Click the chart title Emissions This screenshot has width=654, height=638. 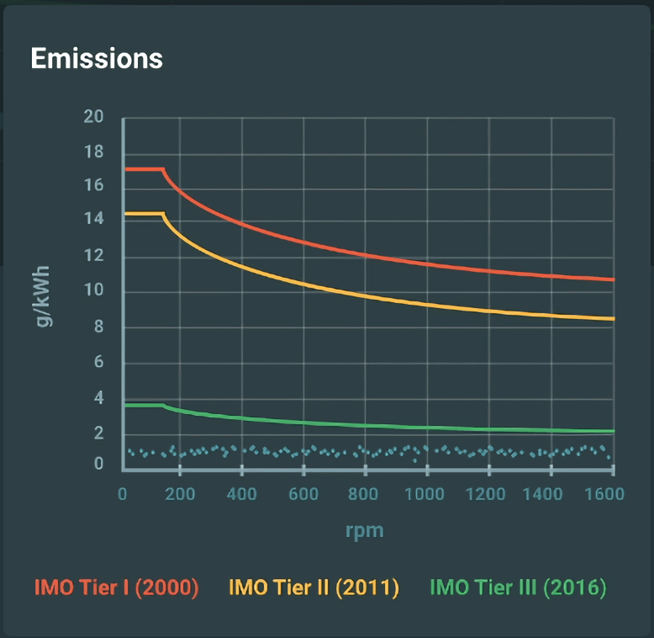click(97, 58)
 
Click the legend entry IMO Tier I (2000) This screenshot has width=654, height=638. click(116, 587)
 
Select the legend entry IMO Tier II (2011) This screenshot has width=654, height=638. click(314, 587)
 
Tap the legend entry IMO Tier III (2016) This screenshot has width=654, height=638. click(518, 587)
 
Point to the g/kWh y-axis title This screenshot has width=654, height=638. click(43, 296)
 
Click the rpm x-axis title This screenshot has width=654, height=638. click(364, 531)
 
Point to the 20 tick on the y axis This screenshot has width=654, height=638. click(94, 117)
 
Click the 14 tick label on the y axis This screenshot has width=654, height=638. click(94, 220)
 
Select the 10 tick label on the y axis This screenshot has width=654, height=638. click(94, 292)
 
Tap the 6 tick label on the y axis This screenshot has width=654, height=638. click(98, 363)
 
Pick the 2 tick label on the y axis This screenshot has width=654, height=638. click(98, 433)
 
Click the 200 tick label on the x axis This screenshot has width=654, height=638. click(180, 494)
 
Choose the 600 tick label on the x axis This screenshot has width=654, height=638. click(303, 494)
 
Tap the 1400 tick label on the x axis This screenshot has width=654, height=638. click(550, 494)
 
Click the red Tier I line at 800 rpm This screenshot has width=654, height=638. click(365, 254)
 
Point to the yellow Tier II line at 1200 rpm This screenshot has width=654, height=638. click(489, 311)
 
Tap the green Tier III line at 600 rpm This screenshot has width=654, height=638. click(303, 423)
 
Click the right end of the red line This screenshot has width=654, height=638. click(614, 279)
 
